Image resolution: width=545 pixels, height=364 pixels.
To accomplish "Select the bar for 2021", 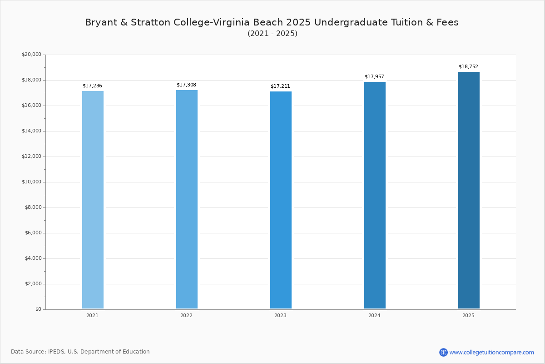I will point(93,200).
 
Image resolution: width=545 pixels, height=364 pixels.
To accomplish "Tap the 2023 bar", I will point(281,200).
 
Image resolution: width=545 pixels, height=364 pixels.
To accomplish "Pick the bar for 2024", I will point(375,195).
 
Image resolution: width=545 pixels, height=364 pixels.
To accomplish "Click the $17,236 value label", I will point(92,86).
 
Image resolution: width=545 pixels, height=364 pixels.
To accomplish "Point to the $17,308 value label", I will point(186,85).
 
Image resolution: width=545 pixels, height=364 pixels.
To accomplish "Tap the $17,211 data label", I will point(280,86).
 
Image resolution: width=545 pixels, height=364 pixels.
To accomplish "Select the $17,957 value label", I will point(374,77).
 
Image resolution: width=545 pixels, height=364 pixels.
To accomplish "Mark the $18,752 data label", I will point(468,67).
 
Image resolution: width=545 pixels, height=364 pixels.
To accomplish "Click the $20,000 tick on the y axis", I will point(31,55).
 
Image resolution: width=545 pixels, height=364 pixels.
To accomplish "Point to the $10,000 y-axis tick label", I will point(31,182).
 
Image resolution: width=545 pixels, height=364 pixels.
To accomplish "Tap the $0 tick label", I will point(38,309).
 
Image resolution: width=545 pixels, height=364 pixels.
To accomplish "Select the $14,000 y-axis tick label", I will point(31,131).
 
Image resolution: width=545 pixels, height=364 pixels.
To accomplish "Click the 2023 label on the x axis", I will point(280,316).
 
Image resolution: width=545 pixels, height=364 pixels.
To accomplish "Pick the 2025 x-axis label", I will point(468,316).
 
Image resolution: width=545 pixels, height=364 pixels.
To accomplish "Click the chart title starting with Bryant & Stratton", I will point(272,22).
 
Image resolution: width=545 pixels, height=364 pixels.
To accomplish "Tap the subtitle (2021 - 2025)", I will point(272,34).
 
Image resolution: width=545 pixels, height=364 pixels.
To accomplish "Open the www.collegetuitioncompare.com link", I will point(491,352).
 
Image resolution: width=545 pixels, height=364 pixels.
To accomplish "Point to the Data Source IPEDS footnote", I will point(80,352).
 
